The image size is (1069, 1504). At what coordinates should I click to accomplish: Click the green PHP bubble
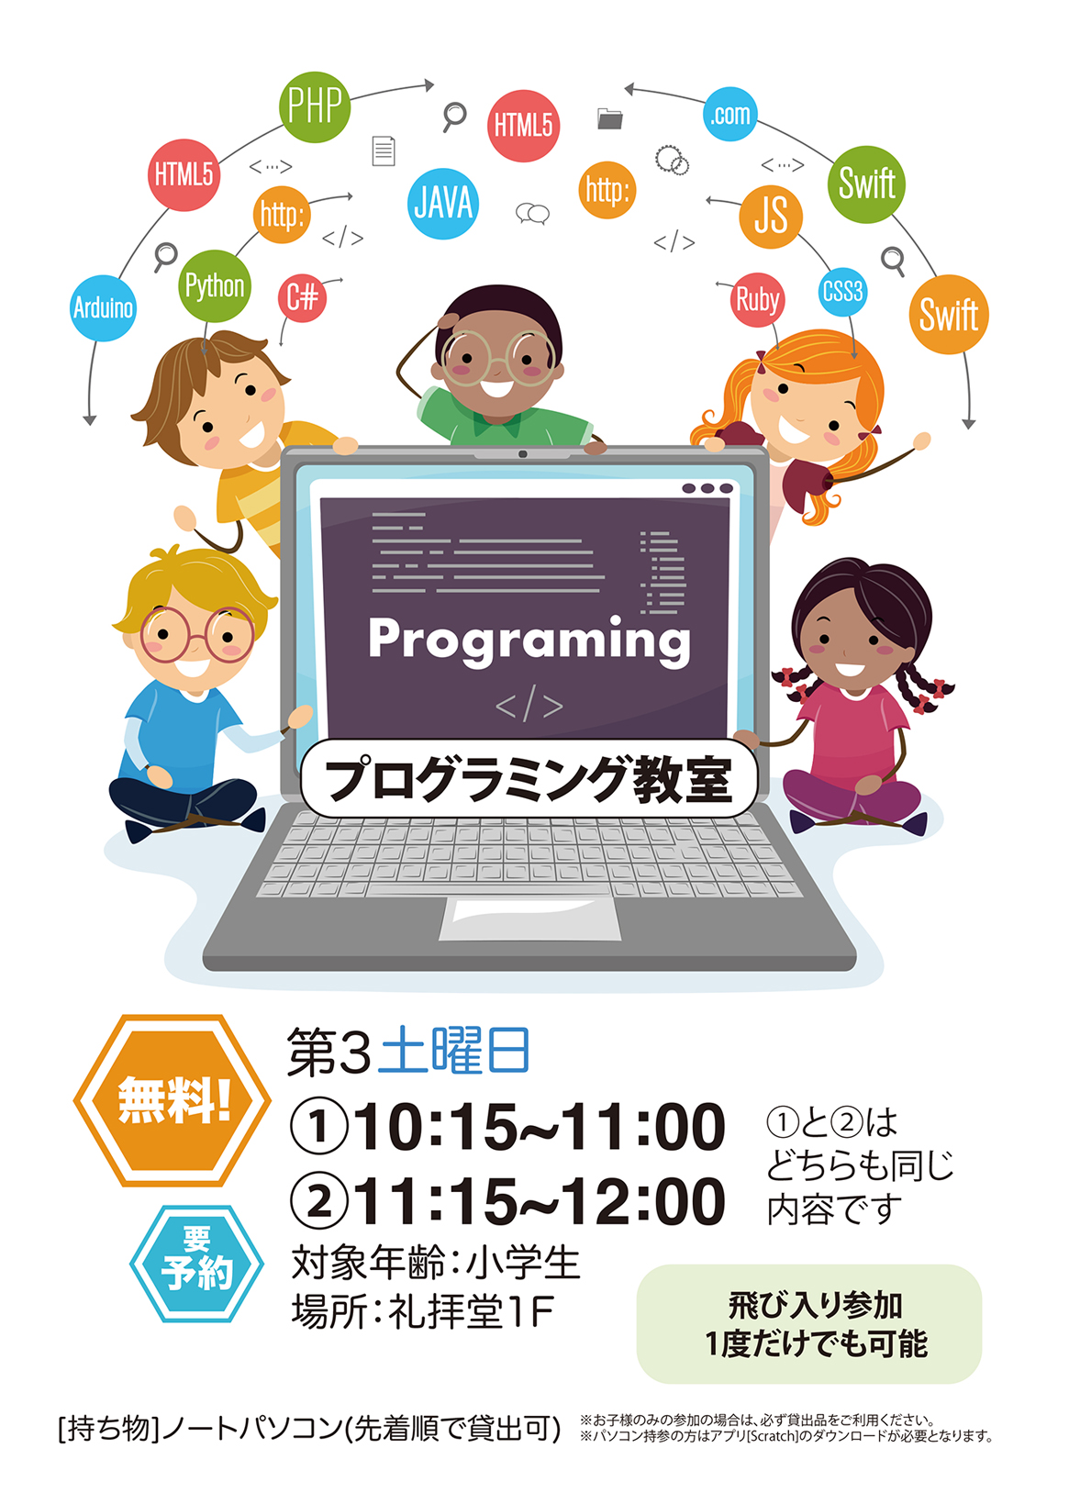(314, 106)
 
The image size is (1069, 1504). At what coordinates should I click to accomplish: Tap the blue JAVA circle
(442, 204)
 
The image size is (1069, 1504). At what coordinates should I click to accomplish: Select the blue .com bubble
(729, 114)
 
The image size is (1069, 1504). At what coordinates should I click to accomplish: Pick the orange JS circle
(771, 217)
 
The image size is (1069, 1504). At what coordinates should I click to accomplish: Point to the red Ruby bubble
(757, 300)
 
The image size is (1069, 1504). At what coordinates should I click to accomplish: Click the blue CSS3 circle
(842, 292)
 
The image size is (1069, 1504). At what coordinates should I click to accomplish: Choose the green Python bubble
(215, 286)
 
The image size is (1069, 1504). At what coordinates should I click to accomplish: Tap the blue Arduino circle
(104, 308)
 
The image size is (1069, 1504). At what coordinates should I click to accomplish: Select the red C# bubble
(302, 297)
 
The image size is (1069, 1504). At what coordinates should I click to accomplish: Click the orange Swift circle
(949, 314)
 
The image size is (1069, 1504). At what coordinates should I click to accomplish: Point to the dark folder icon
(609, 118)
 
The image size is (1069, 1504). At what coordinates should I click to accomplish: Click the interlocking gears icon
(672, 161)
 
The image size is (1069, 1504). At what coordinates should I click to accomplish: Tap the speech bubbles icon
(532, 214)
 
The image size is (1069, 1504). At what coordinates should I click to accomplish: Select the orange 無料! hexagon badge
(173, 1100)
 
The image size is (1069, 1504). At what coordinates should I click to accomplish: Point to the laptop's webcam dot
(522, 454)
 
